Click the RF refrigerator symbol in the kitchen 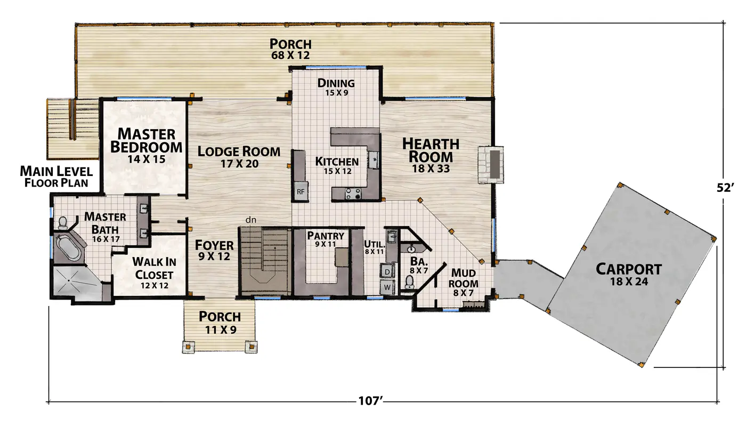[301, 191]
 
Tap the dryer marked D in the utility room [387, 271]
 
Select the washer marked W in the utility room [387, 287]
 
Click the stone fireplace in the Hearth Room [491, 165]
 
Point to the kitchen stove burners [353, 194]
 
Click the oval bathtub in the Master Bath [69, 248]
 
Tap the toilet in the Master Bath [63, 223]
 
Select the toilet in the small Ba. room [409, 282]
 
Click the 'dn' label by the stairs [251, 220]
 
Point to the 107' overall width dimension [370, 400]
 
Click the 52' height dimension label [725, 188]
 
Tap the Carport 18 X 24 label [629, 275]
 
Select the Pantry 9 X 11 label [326, 239]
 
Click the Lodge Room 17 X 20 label [239, 157]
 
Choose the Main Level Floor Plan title [56, 176]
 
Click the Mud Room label [463, 278]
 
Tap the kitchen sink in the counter [374, 160]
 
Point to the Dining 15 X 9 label [336, 87]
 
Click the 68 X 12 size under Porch [290, 55]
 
